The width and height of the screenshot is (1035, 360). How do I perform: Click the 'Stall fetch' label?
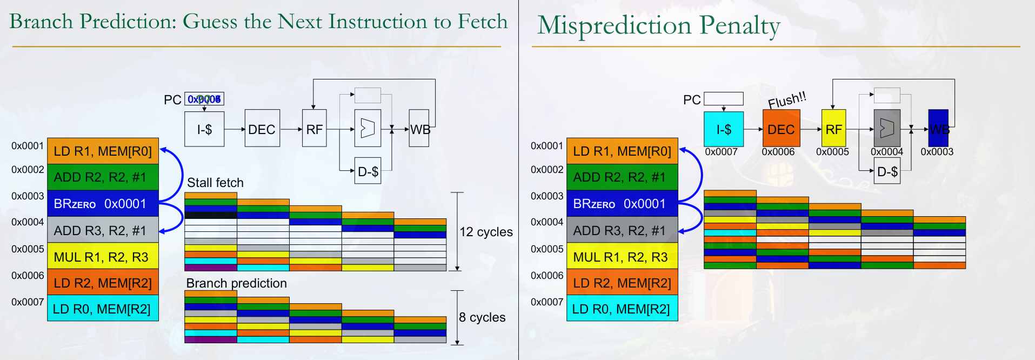point(215,183)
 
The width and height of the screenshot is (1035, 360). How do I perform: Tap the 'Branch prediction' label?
point(236,283)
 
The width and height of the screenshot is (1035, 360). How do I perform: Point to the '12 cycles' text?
point(486,232)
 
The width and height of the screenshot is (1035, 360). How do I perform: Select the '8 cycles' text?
point(482,317)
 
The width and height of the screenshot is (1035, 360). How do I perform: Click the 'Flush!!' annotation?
point(787,100)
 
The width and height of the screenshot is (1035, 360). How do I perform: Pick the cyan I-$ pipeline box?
point(724,129)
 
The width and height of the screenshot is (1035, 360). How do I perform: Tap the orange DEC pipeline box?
point(781,129)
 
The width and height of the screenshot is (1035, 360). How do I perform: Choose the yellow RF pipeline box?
point(833,129)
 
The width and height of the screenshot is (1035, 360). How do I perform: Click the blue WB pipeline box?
point(938,129)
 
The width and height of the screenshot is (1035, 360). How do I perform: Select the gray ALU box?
point(887,128)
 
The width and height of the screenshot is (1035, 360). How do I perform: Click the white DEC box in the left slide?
point(262,129)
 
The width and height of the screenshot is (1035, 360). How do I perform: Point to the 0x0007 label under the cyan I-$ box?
point(721,152)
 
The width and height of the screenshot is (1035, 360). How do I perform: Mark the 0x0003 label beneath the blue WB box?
point(937,152)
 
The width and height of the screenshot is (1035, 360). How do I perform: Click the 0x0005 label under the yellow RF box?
point(832,152)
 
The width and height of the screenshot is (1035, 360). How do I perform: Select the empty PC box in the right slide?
point(724,99)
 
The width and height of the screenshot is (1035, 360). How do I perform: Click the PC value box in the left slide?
point(204,99)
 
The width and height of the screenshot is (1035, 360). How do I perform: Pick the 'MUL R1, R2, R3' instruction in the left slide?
point(103,257)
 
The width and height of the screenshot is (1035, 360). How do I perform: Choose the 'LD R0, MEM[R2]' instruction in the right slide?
point(622,309)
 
